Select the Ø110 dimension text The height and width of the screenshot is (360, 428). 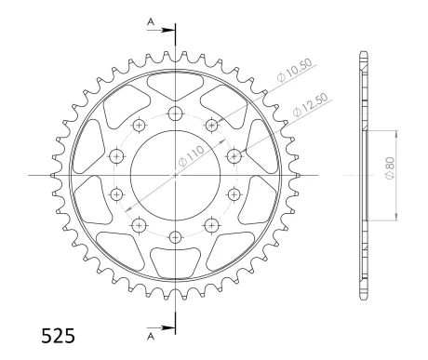tap(192, 161)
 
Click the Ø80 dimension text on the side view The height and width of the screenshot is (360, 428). tap(389, 174)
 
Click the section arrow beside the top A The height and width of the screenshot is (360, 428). tap(165, 30)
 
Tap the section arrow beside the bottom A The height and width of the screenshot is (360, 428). tap(165, 327)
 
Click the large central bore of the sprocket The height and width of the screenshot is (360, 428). tap(174, 175)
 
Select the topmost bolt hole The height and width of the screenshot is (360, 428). tap(174, 113)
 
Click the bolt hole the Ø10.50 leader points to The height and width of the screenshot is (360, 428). tap(210, 125)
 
